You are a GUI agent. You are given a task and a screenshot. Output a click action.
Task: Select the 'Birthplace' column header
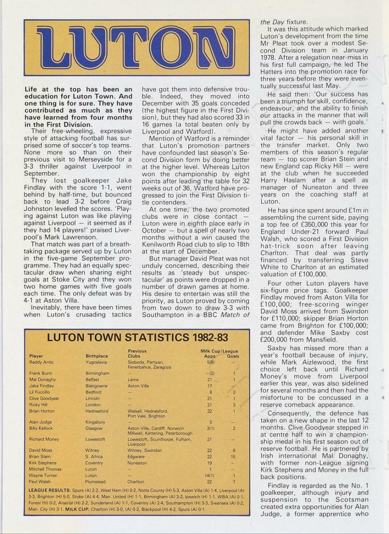pos(97,356)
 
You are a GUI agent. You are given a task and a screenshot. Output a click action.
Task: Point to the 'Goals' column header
pos(233,356)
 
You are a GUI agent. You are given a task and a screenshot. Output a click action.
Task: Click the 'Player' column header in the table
pos(36,356)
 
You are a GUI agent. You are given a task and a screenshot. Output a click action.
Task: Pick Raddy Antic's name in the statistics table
pos(41,362)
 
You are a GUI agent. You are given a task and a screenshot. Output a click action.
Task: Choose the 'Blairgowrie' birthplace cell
pos(97,386)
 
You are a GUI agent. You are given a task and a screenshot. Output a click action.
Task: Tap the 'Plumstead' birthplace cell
pos(96,481)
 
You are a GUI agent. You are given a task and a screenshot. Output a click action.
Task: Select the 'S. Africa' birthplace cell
pos(94,457)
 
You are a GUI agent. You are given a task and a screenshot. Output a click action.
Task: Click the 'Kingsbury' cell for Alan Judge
pos(95,422)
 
